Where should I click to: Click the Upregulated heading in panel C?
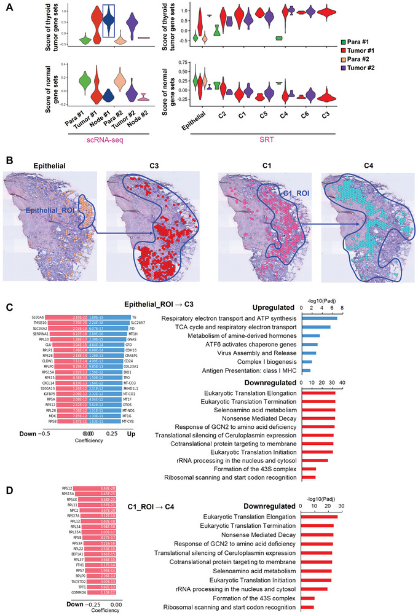click(274, 307)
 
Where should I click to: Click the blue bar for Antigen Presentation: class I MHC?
click(306, 371)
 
